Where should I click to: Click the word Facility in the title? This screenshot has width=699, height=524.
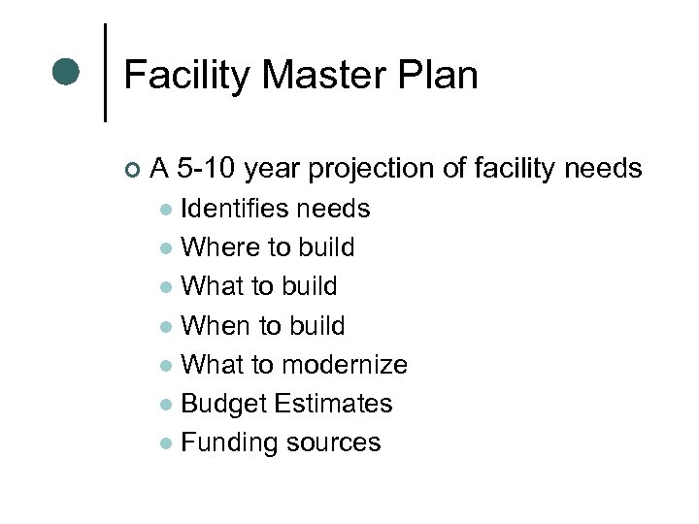coord(186,76)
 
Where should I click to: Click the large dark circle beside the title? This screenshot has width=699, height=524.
coord(66,72)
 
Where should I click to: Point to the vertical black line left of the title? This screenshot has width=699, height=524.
coord(105,73)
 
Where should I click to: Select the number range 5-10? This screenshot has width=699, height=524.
coord(208,169)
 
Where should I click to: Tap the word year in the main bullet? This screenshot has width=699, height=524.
coord(274,170)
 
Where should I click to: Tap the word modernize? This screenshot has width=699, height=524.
coord(344,364)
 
